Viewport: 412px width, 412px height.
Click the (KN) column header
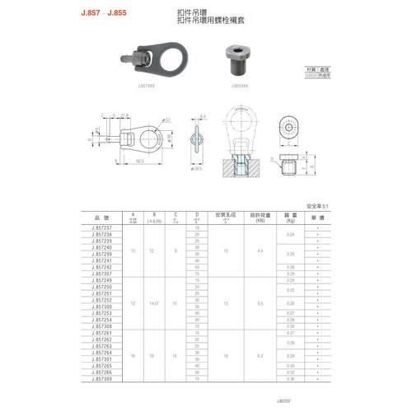pos(260,221)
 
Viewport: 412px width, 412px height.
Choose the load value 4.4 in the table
pos(260,250)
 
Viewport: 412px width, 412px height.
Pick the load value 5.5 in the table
pos(260,302)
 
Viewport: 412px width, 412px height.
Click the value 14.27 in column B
pos(153,302)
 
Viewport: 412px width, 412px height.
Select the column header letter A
pos(132,214)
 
